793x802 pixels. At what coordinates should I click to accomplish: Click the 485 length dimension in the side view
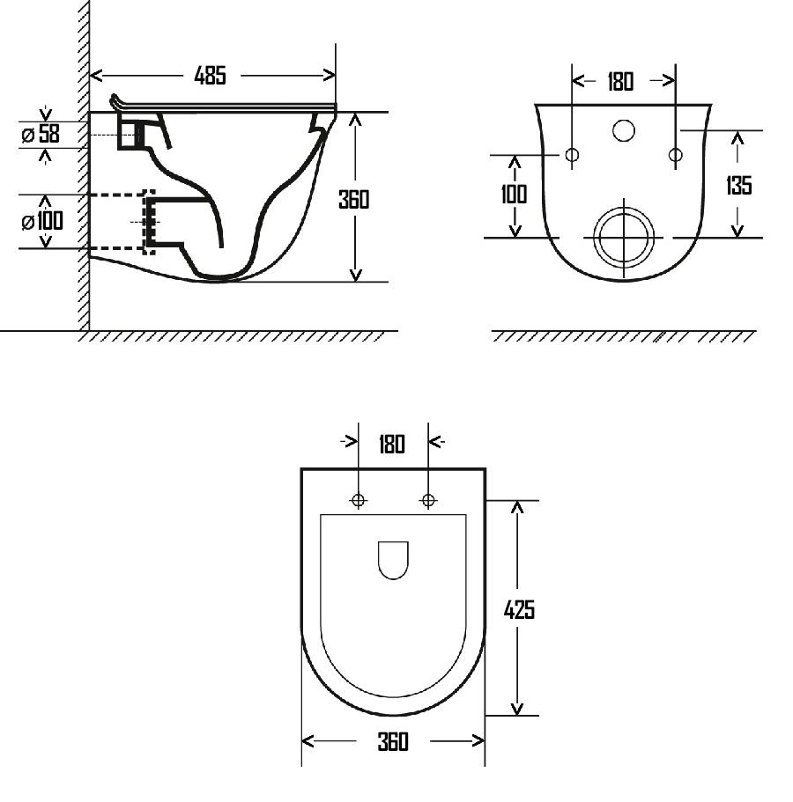(210, 76)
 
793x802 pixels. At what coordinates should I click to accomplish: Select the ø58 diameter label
(41, 134)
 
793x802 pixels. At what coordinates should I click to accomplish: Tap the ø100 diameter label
(42, 221)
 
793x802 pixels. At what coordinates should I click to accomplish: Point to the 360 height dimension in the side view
(353, 200)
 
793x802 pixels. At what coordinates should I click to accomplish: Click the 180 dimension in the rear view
(620, 82)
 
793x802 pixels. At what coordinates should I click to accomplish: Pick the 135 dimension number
(738, 185)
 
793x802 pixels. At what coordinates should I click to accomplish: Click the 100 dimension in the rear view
(514, 194)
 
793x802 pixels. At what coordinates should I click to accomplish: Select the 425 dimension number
(519, 610)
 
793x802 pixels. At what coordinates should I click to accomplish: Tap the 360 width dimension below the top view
(393, 741)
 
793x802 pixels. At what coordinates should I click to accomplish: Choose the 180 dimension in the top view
(392, 444)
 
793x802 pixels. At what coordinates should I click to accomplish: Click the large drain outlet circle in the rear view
(624, 238)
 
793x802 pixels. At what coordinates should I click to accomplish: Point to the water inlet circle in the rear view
(624, 130)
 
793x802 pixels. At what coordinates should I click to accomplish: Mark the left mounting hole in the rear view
(572, 154)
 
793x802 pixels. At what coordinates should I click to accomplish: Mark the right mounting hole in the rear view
(675, 154)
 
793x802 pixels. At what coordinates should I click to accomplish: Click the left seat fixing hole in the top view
(359, 500)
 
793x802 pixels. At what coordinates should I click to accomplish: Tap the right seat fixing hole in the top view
(428, 500)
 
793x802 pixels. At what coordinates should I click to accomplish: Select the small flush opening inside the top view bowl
(393, 561)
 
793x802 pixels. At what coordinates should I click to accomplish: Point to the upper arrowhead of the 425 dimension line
(517, 507)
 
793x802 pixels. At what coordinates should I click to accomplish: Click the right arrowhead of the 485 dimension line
(330, 76)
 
